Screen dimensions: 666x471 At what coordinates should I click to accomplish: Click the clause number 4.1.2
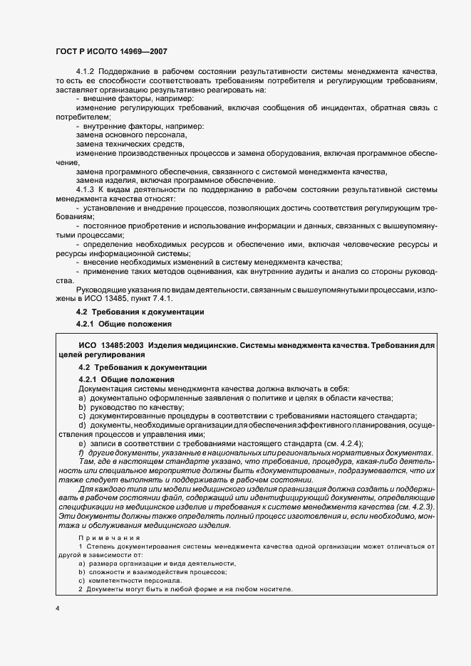click(x=86, y=72)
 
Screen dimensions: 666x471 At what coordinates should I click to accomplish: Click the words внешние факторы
click(x=108, y=98)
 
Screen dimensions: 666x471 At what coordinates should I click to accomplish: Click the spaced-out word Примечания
click(x=109, y=538)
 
